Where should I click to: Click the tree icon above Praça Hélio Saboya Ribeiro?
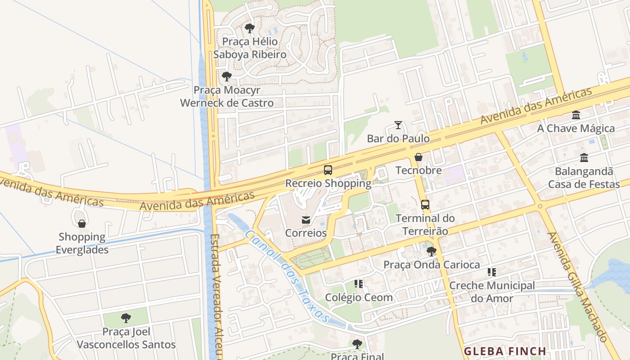pyautogui.click(x=249, y=29)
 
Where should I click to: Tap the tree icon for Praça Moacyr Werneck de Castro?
pyautogui.click(x=227, y=76)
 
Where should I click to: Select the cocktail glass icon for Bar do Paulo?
pyautogui.click(x=398, y=125)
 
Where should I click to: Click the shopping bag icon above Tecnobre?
pyautogui.click(x=418, y=157)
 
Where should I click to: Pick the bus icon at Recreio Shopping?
pyautogui.click(x=328, y=170)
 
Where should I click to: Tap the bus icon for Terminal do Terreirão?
pyautogui.click(x=425, y=205)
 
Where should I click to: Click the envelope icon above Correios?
pyautogui.click(x=306, y=220)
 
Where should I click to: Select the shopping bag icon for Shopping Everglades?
pyautogui.click(x=82, y=224)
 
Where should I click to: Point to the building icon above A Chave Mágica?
pyautogui.click(x=576, y=115)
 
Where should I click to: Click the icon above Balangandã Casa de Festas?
pyautogui.click(x=584, y=158)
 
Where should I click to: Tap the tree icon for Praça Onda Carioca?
pyautogui.click(x=432, y=251)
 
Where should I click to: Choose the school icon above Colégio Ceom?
pyautogui.click(x=359, y=284)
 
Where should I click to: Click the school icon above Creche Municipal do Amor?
pyautogui.click(x=492, y=272)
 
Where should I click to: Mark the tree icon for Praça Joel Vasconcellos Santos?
pyautogui.click(x=126, y=318)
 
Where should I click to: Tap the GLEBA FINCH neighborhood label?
pyautogui.click(x=505, y=351)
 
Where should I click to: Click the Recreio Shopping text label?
pyautogui.click(x=328, y=184)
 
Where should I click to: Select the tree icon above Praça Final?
pyautogui.click(x=357, y=344)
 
